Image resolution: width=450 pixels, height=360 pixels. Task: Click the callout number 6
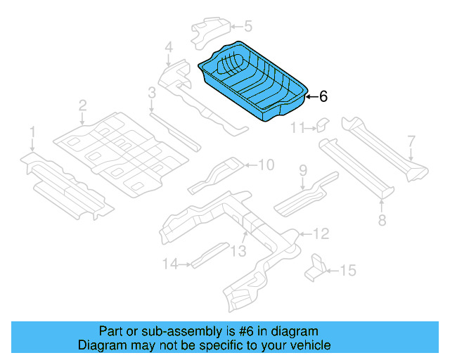(323, 96)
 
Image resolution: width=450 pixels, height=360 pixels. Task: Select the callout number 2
(83, 105)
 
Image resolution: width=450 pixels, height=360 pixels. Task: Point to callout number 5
(247, 27)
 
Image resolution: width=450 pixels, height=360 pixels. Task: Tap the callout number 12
(320, 233)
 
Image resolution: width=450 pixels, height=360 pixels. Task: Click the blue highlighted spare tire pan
(253, 82)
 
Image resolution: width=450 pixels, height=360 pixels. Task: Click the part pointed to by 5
(211, 31)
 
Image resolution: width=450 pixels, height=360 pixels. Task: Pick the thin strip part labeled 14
(210, 254)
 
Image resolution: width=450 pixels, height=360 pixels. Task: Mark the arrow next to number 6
(310, 96)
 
